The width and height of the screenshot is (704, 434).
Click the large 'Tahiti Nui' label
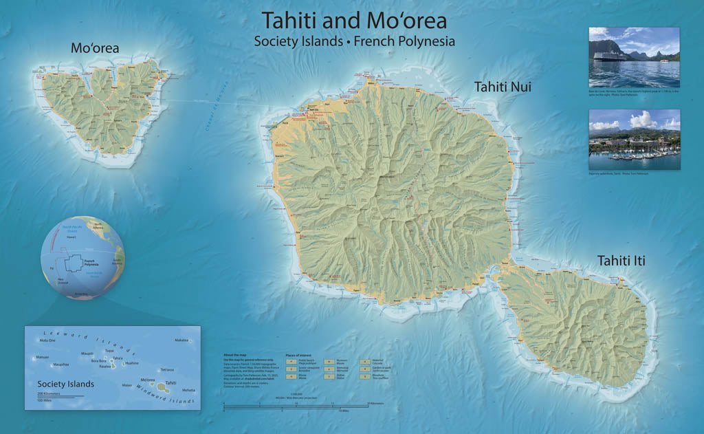[502, 87]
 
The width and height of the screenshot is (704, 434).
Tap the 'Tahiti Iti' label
[621, 261]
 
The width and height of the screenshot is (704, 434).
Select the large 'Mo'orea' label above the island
[95, 48]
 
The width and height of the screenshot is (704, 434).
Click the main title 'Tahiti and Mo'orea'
[354, 20]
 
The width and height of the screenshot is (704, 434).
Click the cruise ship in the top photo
[609, 56]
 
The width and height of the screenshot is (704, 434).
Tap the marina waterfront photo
[634, 140]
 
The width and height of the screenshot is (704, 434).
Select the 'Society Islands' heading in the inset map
[66, 384]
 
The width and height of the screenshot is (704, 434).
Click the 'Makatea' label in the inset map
[181, 340]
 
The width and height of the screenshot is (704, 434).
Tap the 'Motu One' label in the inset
[47, 340]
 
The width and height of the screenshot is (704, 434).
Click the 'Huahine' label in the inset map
[132, 363]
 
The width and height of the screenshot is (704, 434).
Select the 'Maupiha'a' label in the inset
[61, 365]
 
